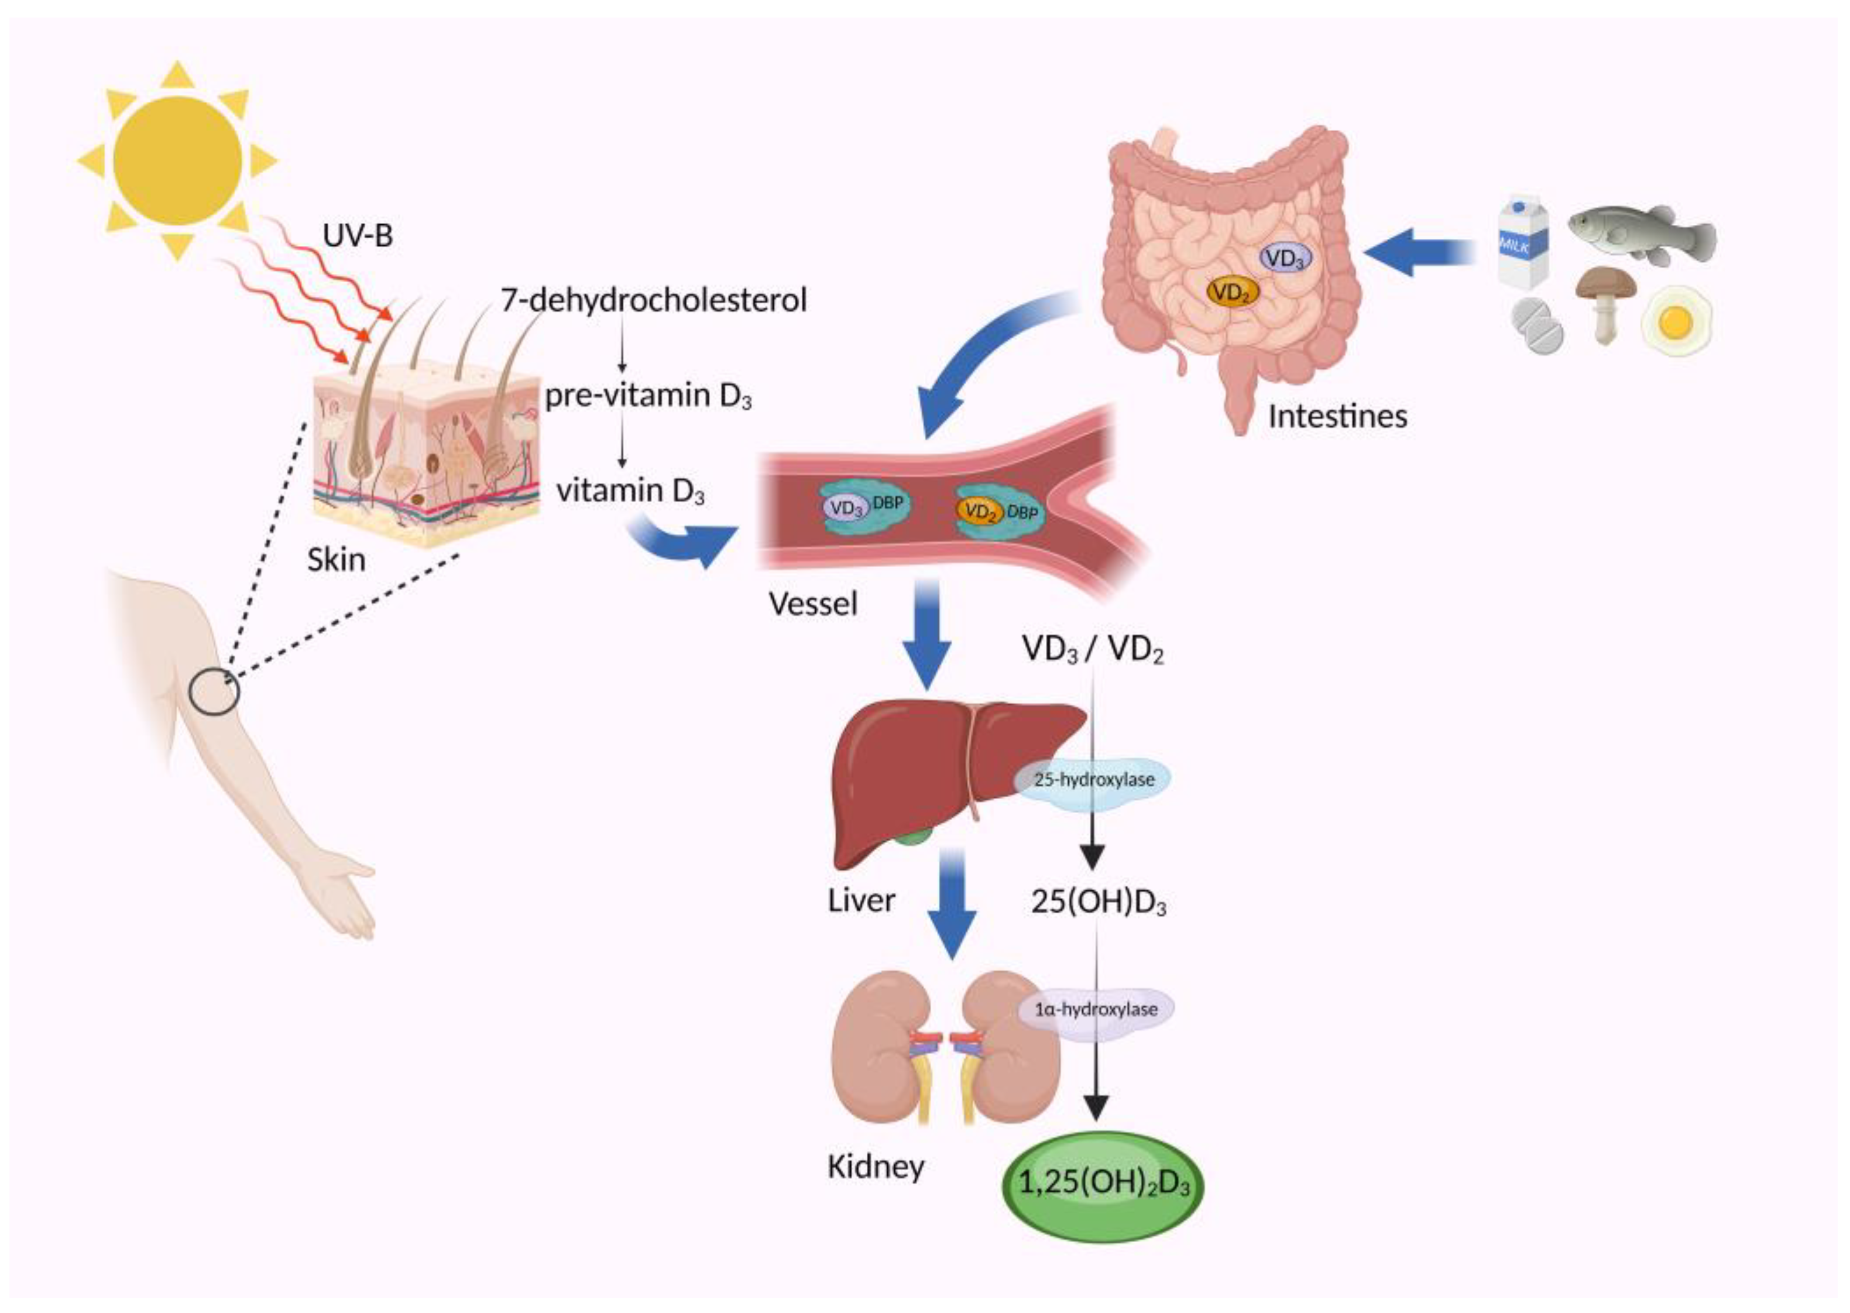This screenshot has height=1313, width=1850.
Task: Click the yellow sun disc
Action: pos(177,161)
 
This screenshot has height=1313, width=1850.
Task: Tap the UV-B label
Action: pos(357,235)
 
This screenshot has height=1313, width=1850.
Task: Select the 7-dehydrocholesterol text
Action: pos(653,300)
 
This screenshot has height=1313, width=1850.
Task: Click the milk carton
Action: pos(1522,241)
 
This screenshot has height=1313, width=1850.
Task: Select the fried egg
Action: pos(1677,323)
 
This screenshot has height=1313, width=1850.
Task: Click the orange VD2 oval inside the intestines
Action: pos(1233,291)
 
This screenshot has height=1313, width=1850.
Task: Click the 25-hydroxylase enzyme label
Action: pos(1093,779)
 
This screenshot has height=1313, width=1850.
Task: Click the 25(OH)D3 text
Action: pos(1097,901)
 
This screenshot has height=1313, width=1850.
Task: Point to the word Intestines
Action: pos(1337,416)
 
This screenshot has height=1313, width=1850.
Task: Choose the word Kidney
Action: pos(876,1167)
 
